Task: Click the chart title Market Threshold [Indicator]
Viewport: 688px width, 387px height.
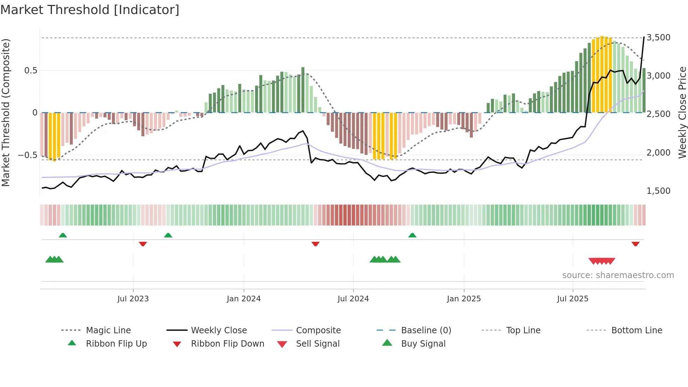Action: (90, 10)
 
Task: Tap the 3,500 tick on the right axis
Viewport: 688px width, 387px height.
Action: (658, 38)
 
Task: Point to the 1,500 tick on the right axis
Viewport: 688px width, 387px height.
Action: (658, 191)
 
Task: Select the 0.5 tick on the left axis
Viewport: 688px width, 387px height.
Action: (31, 71)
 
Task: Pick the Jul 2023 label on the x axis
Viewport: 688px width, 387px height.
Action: (133, 299)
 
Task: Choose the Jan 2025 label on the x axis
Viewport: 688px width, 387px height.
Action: (464, 299)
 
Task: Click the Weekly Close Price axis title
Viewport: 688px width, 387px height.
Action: (682, 112)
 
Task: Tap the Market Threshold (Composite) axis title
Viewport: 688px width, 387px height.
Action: (6, 112)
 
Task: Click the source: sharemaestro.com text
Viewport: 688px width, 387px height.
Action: (618, 275)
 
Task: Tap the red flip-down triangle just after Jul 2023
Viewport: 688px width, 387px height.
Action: (143, 244)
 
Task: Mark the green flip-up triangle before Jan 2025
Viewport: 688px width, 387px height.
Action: (412, 235)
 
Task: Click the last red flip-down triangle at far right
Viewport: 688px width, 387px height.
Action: (635, 244)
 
